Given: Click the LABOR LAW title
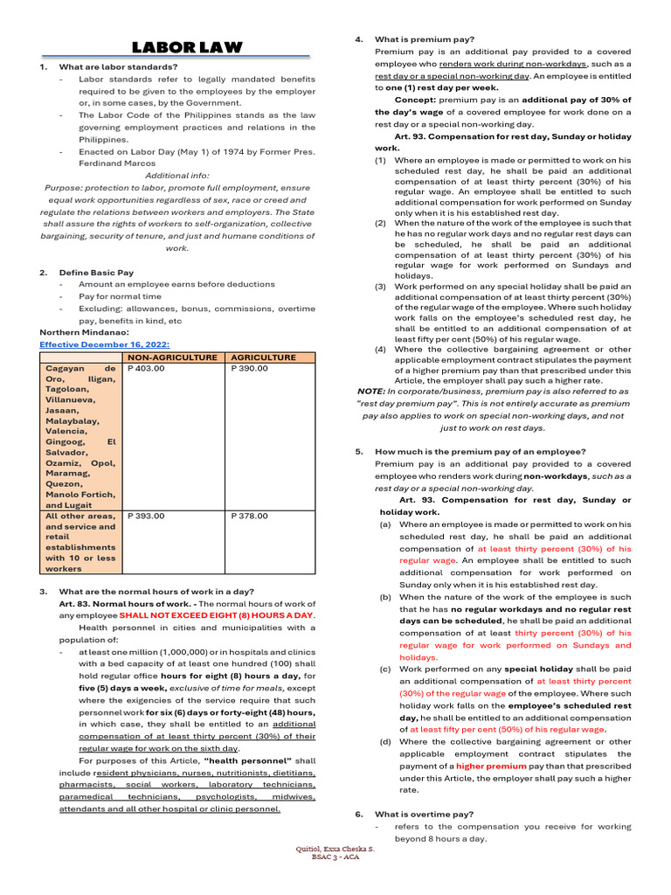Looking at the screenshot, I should [x=187, y=47].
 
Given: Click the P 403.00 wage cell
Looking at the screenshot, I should [x=146, y=368].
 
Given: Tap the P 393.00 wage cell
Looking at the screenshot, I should [x=146, y=516].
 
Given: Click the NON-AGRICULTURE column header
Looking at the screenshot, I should [x=172, y=357].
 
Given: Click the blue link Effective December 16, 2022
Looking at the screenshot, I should [x=104, y=344].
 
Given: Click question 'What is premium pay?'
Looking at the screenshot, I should [x=425, y=39].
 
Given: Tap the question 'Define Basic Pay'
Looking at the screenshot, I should [x=96, y=273].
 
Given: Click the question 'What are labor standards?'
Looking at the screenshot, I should [x=118, y=66].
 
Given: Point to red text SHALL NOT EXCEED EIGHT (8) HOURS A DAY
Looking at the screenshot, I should [x=216, y=615].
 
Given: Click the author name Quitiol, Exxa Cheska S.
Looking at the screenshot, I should [x=335, y=848].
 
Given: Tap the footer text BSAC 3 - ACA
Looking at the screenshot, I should [x=335, y=857].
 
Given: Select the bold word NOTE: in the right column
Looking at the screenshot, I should [x=372, y=392].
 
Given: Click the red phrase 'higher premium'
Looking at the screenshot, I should [x=485, y=766].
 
